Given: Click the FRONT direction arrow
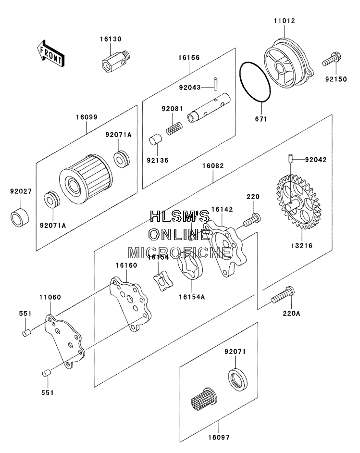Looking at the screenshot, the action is (51, 54).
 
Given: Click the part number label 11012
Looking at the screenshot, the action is (285, 21).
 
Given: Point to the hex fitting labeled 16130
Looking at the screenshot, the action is (116, 61).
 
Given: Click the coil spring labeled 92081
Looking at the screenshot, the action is (174, 128).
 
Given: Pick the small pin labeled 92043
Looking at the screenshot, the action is (215, 84).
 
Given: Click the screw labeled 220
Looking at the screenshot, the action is (252, 220).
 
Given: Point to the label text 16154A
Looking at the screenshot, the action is (192, 297).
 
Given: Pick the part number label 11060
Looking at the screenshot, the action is (50, 297).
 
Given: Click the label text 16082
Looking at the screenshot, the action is (213, 166).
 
